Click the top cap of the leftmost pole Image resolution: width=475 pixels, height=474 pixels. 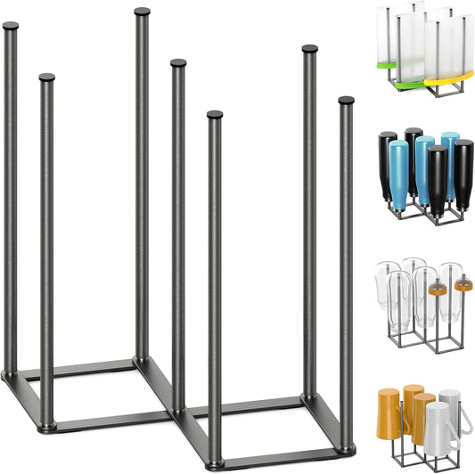tap(10, 26)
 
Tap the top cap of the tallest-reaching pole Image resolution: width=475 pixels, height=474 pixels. tap(142, 12)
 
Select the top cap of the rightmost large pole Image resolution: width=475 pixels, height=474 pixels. tap(346, 100)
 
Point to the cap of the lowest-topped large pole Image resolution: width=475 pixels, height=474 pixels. tap(214, 114)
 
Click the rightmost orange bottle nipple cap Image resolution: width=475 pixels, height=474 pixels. tap(463, 286)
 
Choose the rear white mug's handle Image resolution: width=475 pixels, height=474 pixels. tap(463, 405)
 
